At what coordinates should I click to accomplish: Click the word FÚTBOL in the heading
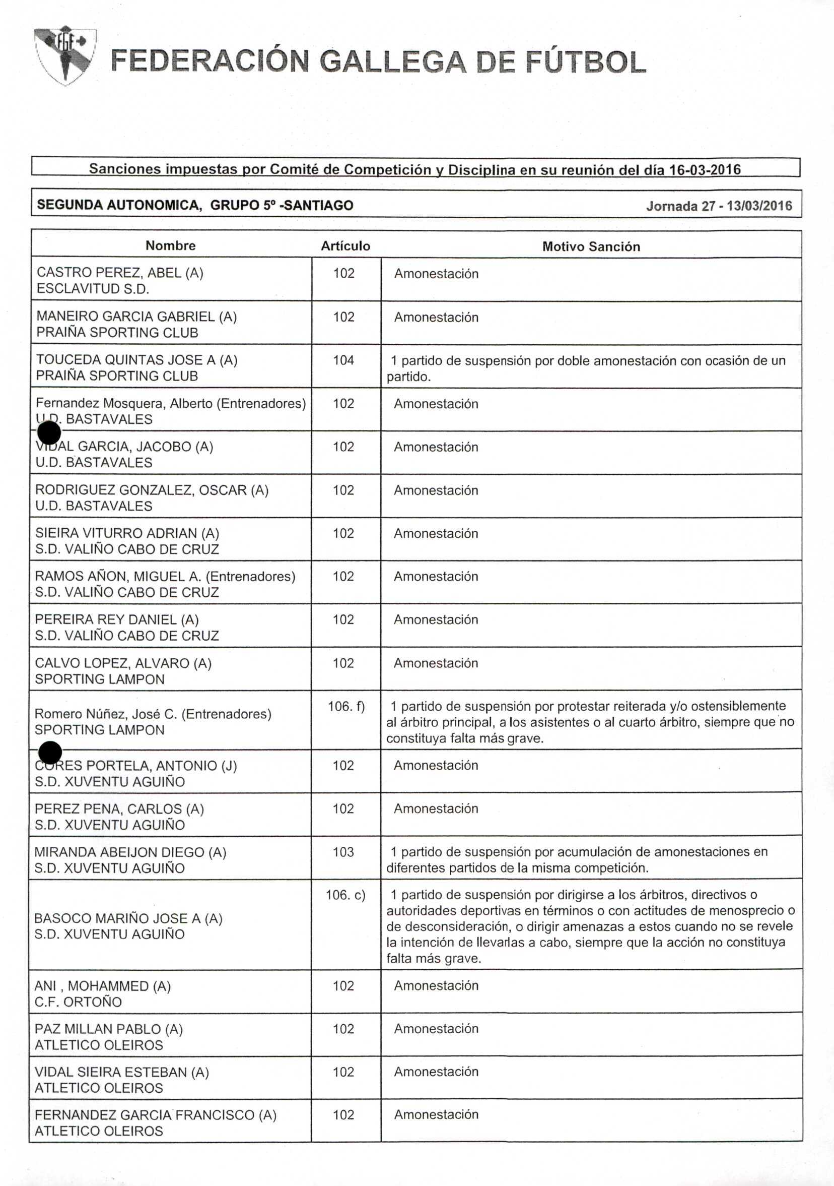[585, 62]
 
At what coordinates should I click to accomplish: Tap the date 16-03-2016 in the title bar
[705, 169]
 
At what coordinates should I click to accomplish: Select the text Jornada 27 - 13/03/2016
[719, 206]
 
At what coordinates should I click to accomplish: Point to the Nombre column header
[170, 245]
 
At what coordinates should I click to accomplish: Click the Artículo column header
[345, 246]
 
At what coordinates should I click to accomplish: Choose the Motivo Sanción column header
[591, 246]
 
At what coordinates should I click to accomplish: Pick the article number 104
[343, 360]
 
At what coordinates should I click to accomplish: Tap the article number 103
[343, 852]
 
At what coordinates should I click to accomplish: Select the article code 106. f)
[346, 706]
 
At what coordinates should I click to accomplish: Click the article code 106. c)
[345, 895]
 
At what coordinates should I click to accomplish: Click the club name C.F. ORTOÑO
[78, 1002]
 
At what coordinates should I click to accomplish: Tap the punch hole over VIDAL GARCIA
[49, 433]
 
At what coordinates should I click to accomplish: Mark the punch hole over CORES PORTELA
[50, 752]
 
